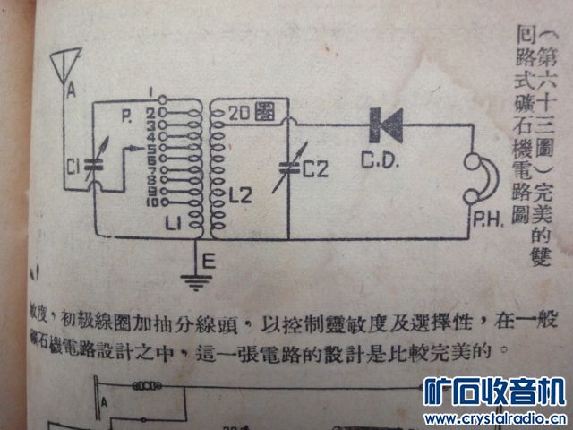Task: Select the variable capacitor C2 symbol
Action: [x=288, y=168]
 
